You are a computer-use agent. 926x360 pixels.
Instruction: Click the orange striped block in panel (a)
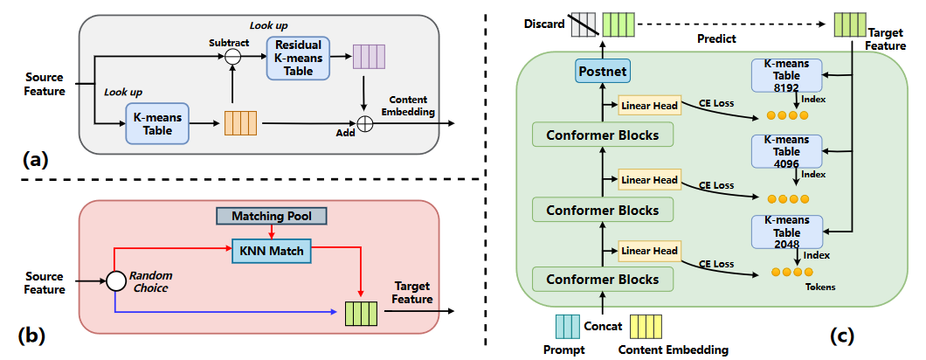238,123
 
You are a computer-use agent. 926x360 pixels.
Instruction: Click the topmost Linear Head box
649,107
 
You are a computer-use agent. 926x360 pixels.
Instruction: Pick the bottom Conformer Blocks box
603,280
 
